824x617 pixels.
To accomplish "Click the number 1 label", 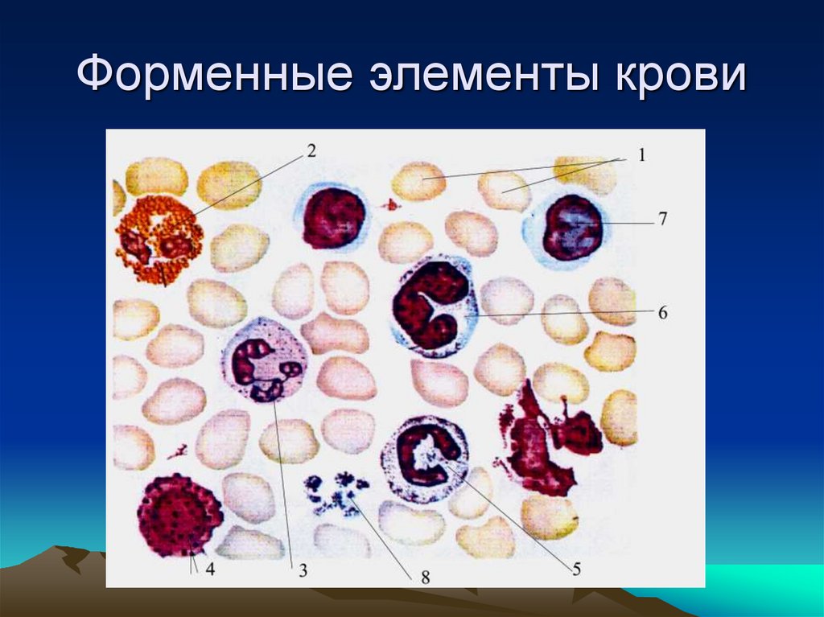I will [x=642, y=155].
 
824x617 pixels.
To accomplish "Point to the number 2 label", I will [x=311, y=150].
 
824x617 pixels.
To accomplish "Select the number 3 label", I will [x=303, y=571].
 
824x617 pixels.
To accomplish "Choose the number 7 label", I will [x=661, y=218].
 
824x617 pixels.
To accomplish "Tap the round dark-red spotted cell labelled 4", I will [x=179, y=515].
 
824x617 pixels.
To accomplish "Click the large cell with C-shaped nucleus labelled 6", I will [x=434, y=306].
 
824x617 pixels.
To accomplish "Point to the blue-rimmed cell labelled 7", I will [x=568, y=228].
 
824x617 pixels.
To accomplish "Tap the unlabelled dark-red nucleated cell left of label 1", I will [x=333, y=218].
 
